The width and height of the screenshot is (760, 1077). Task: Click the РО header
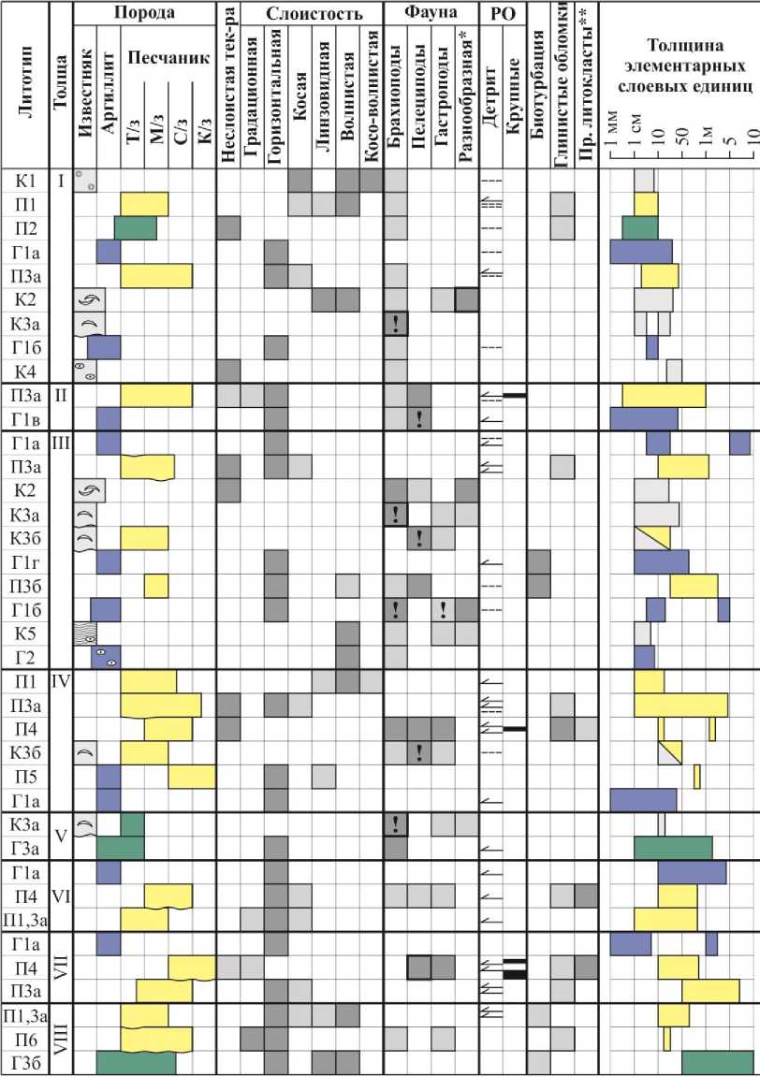[500, 13]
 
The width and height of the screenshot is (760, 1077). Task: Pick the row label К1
[25, 181]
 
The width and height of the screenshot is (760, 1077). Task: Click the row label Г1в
[25, 416]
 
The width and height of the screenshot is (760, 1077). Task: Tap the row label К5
[25, 633]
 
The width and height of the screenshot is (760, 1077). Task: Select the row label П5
[25, 776]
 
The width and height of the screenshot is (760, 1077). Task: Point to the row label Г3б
[25, 1062]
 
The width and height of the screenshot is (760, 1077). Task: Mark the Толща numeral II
[61, 395]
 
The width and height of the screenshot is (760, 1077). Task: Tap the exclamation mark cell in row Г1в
[418, 417]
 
